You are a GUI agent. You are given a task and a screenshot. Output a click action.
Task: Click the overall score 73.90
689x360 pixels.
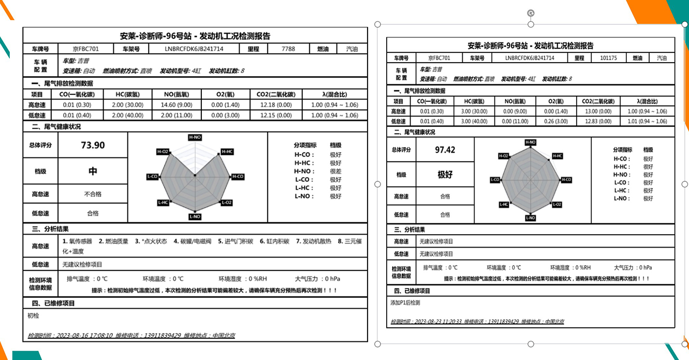pyautogui.click(x=93, y=146)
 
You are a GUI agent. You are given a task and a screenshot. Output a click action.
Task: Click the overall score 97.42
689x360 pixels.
pyautogui.click(x=445, y=150)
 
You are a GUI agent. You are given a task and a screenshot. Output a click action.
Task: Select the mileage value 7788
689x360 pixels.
pyautogui.click(x=288, y=49)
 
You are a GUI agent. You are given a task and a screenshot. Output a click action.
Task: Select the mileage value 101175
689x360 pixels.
pyautogui.click(x=608, y=58)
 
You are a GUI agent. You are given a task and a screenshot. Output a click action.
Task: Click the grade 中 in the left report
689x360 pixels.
pyautogui.click(x=93, y=171)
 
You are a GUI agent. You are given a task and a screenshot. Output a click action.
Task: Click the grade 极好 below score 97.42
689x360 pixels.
pyautogui.click(x=445, y=175)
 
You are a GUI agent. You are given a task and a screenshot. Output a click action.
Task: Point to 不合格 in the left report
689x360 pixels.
pyautogui.click(x=93, y=194)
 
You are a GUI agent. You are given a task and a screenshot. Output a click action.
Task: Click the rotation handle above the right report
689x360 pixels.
pyautogui.click(x=531, y=13)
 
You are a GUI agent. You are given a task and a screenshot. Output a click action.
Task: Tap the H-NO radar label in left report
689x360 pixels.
pyautogui.click(x=195, y=137)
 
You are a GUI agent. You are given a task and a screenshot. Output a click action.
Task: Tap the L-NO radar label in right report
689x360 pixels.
pyautogui.click(x=531, y=218)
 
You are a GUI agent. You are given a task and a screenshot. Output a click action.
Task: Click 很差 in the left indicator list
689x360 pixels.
pyautogui.click(x=335, y=171)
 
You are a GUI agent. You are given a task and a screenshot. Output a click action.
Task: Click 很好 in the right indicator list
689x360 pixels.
pyautogui.click(x=648, y=167)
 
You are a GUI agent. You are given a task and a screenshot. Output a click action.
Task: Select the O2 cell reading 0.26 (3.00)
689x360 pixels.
pyautogui.click(x=556, y=121)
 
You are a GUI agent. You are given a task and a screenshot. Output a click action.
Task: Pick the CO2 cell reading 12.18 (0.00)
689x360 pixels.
pyautogui.click(x=275, y=105)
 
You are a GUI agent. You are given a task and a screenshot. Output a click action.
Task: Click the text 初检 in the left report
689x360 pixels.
pyautogui.click(x=33, y=315)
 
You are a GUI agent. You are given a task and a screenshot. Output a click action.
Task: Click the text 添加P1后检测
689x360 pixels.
pyautogui.click(x=405, y=303)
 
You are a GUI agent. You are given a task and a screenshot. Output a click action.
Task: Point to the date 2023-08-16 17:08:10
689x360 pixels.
pyautogui.click(x=82, y=336)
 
